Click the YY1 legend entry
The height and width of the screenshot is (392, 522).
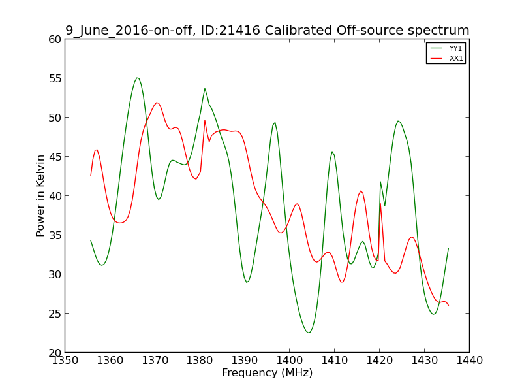click(x=446, y=48)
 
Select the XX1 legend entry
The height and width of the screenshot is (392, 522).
click(x=446, y=58)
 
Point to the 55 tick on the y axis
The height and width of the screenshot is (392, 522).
click(x=55, y=78)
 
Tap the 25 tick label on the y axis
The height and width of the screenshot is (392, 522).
click(x=55, y=314)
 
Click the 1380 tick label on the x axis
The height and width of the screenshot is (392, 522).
click(x=200, y=361)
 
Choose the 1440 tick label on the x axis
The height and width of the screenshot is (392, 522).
click(x=469, y=361)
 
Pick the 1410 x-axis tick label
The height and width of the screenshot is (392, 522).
click(x=335, y=361)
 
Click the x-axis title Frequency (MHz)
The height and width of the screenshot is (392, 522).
click(x=268, y=372)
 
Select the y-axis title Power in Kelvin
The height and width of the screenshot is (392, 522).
click(x=40, y=195)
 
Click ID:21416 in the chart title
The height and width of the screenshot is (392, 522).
click(x=230, y=30)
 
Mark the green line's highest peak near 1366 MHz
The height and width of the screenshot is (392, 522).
click(x=137, y=78)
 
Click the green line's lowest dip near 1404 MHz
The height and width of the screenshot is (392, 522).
click(x=308, y=333)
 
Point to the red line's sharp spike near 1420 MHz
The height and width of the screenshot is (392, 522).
click(x=380, y=203)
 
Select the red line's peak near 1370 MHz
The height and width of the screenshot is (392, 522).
click(x=157, y=103)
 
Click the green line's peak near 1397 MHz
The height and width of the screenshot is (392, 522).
click(x=275, y=123)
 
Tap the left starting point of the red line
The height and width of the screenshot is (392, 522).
click(x=91, y=176)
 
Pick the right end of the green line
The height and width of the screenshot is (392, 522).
click(x=448, y=248)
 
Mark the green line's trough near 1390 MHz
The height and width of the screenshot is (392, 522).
click(x=247, y=282)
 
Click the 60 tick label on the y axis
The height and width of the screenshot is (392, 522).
click(x=55, y=39)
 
